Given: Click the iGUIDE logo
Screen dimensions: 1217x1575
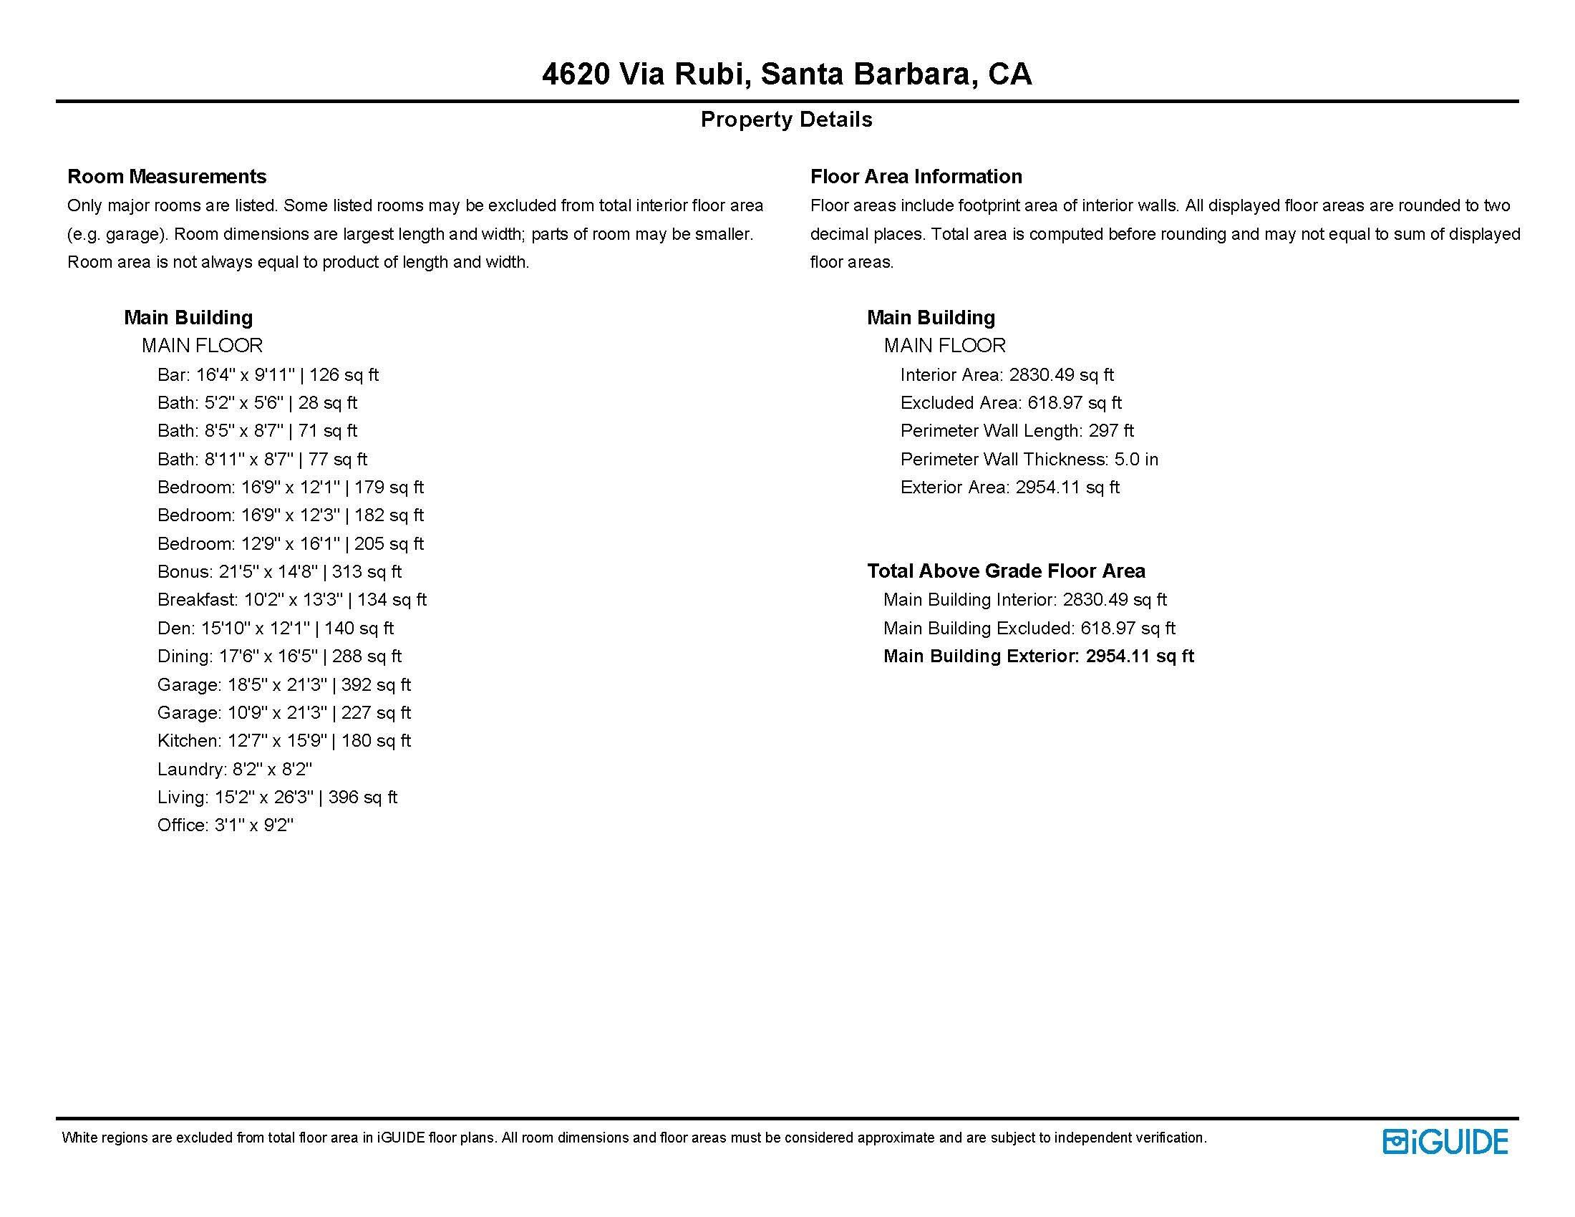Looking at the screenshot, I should [1445, 1141].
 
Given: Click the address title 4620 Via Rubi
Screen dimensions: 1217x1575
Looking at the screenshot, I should [787, 74].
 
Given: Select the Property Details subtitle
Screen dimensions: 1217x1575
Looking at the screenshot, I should [786, 120].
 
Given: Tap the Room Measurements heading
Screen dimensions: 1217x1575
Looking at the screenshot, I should [167, 177].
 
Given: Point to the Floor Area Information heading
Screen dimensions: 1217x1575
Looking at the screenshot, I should [916, 177].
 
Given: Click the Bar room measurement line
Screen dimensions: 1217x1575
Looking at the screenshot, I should [268, 375].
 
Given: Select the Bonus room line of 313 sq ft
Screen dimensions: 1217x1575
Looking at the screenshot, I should [279, 572].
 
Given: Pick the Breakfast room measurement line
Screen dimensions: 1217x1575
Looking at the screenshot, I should [291, 600].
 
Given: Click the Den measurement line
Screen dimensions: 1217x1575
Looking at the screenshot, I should [275, 629].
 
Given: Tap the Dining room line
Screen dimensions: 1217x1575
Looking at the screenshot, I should [279, 656].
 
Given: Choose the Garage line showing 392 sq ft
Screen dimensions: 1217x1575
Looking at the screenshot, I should [284, 685].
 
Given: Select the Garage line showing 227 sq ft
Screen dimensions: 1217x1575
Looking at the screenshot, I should [284, 713].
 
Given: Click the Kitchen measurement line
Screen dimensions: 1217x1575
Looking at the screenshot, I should [284, 741].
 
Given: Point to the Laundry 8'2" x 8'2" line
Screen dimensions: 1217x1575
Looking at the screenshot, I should [234, 770].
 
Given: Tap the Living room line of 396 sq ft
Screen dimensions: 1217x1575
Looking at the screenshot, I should [277, 797].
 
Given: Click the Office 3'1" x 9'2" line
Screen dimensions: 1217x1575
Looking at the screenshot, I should [225, 825].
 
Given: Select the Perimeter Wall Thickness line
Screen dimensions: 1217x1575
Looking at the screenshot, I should [1029, 460].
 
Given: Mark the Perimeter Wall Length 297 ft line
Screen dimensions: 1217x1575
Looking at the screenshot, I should [1017, 431].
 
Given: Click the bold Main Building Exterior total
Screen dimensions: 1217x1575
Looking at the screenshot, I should [1039, 656].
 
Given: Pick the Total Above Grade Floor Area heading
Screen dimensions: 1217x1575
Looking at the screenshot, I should [1006, 572].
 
